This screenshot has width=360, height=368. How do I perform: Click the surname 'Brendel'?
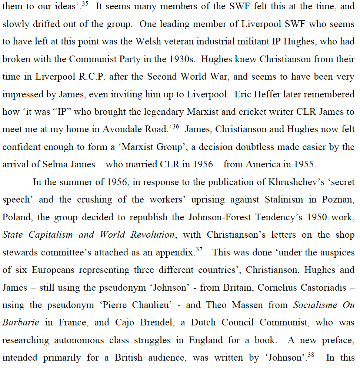click(x=157, y=322)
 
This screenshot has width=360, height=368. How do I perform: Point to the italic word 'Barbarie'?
click(x=21, y=322)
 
